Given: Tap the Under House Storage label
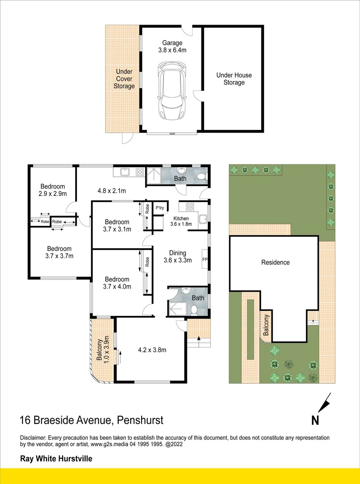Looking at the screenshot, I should coord(234,79).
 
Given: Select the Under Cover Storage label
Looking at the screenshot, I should coord(124,79).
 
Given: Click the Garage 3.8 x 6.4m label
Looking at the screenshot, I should coord(172,47).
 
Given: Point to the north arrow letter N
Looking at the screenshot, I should coord(315,420).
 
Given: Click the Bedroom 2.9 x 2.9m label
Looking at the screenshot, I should coord(53,190).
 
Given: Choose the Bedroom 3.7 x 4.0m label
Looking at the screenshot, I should coord(117,283).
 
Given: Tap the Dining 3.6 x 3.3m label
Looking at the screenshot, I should coord(177,256).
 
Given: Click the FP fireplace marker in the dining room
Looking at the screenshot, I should coord(205,260).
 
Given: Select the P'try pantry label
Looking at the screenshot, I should coord(159,208).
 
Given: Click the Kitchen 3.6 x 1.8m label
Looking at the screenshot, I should coord(181,220).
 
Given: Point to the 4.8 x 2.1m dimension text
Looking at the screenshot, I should coord(111,190).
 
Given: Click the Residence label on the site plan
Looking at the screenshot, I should coord(275,262).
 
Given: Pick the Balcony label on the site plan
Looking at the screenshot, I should coord(266,326).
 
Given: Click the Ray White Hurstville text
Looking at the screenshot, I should coord(56,458).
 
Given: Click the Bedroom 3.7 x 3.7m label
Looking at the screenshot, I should coord(59,252).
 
